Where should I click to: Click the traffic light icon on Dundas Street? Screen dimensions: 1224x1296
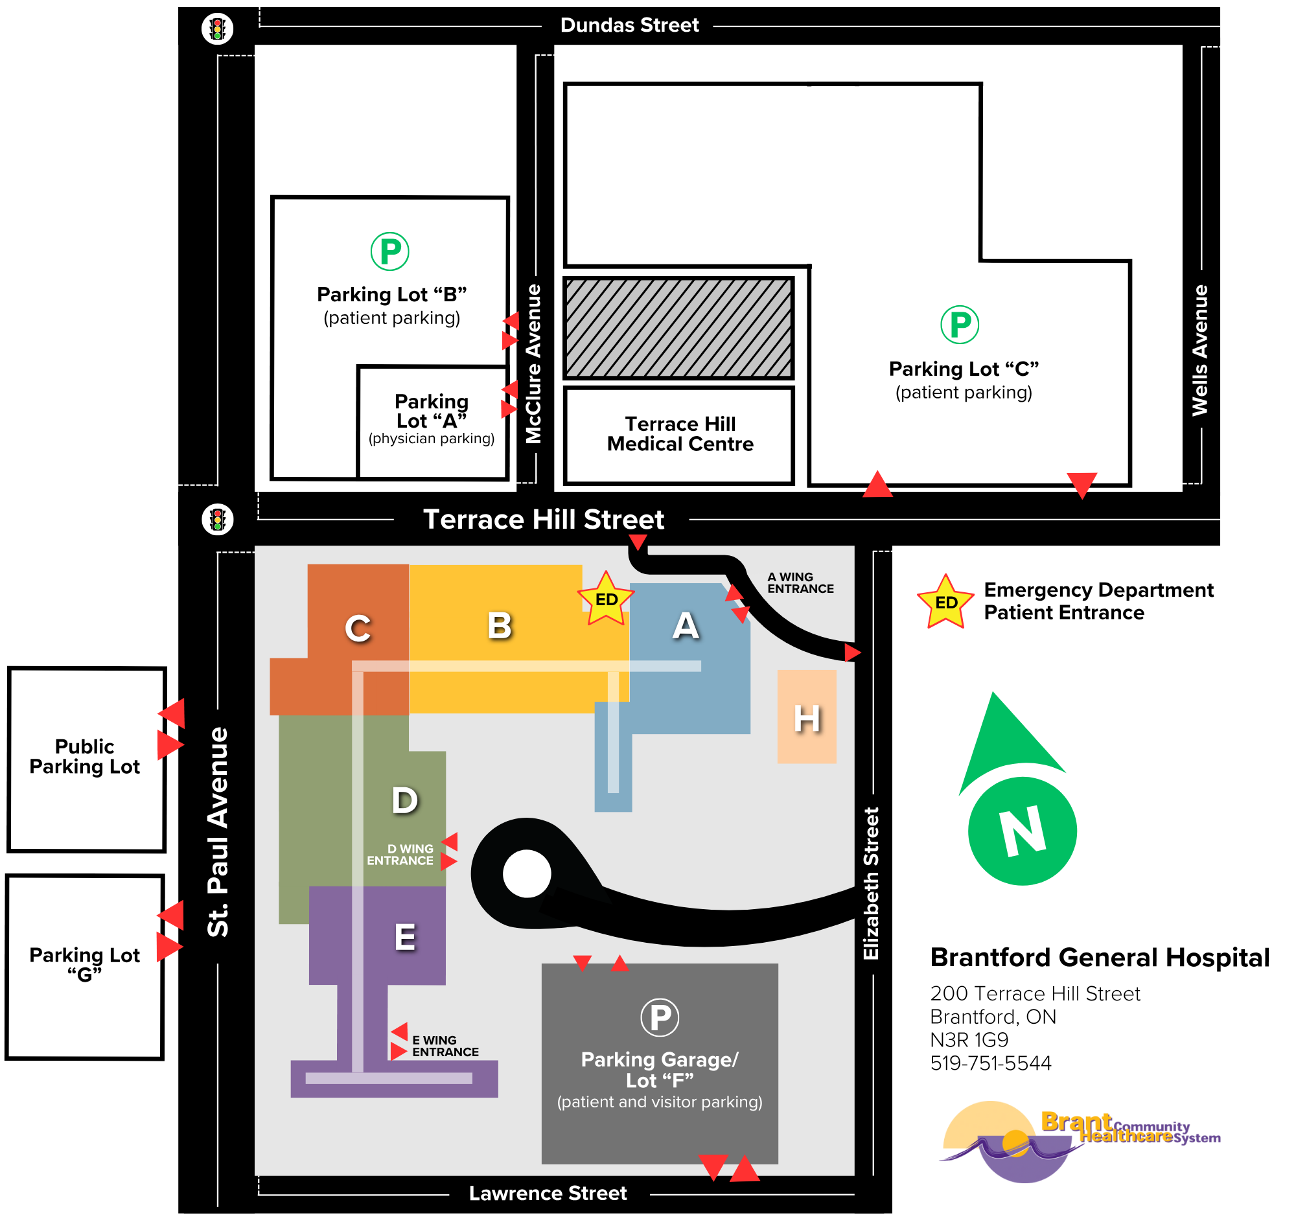click(218, 29)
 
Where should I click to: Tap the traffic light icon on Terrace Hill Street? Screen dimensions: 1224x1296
click(218, 521)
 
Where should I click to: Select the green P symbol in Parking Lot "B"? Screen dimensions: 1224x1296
click(391, 252)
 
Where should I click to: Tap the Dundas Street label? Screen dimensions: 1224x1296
click(631, 25)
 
